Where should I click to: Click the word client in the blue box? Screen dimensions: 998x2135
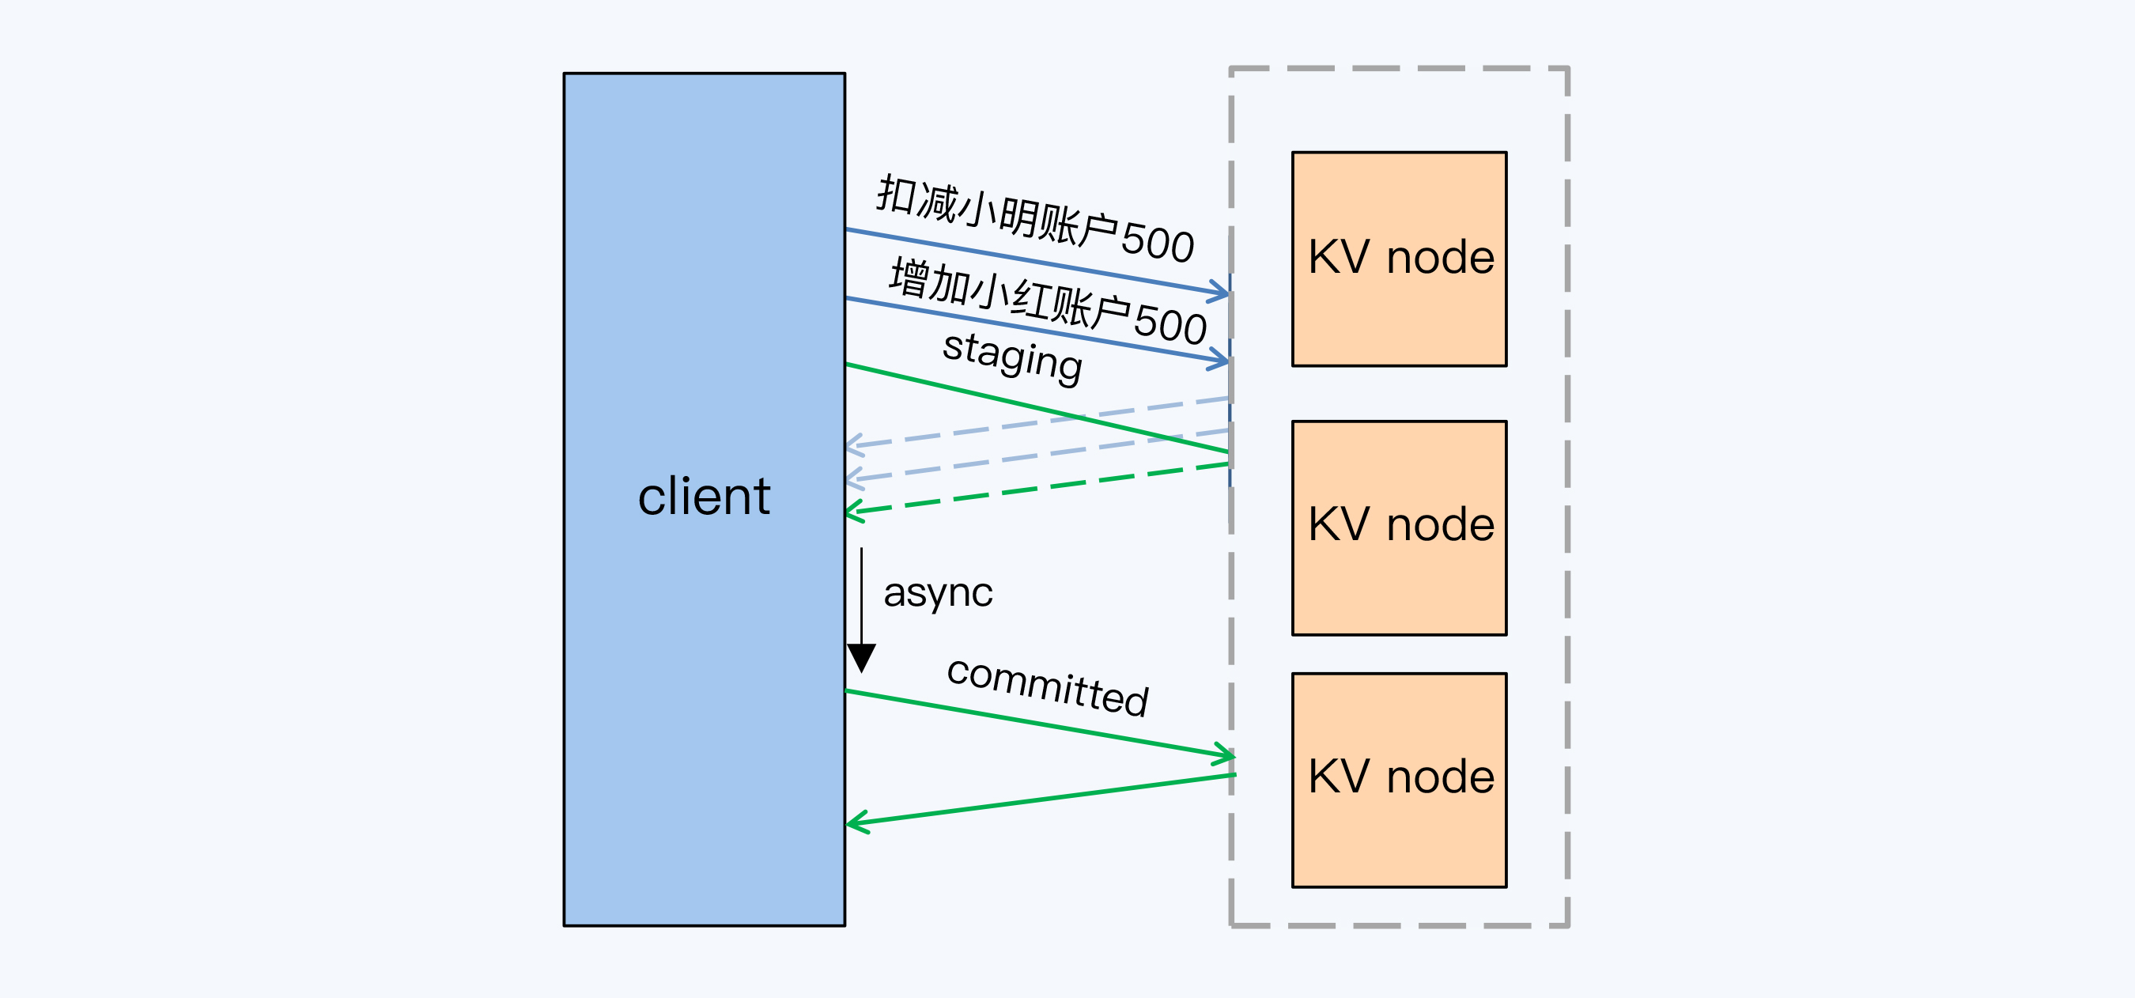704,497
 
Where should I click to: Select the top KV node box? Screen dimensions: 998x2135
1399,259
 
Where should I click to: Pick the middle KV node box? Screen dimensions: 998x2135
1399,527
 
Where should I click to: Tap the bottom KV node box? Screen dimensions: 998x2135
1399,779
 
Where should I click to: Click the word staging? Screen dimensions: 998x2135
1012,357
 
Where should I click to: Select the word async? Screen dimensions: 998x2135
937,592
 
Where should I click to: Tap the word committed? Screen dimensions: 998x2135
1048,686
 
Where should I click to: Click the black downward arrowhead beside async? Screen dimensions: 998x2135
861,657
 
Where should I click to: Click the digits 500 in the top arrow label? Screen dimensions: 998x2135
1157,242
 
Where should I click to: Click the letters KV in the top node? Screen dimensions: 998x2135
1339,257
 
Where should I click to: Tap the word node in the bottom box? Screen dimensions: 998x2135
1441,777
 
